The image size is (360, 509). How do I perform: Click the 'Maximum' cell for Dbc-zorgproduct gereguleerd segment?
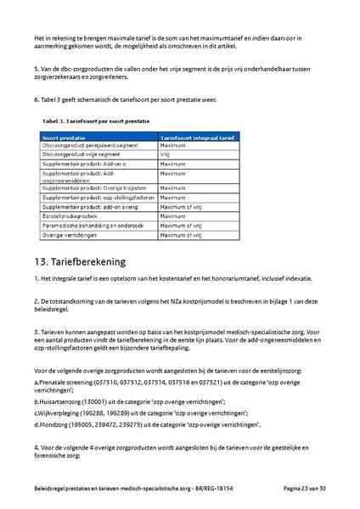[172, 146]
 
